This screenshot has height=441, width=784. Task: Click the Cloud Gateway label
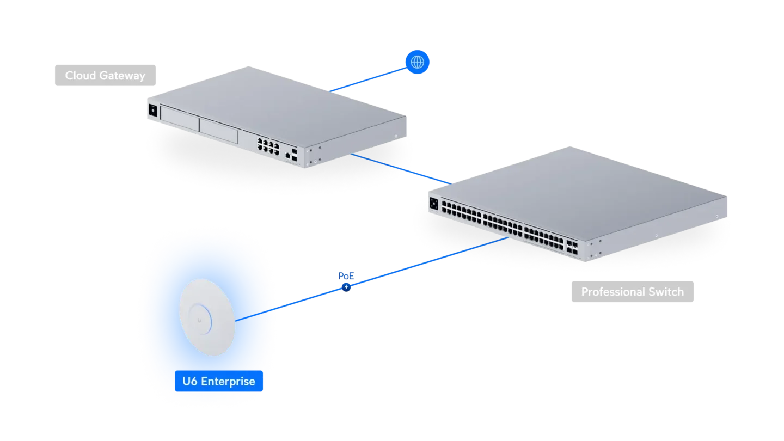point(106,75)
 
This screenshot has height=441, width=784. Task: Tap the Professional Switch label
point(633,292)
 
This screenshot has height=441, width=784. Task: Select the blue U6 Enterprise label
point(219,381)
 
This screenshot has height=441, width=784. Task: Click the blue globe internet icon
point(417,62)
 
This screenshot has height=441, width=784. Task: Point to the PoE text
point(346,276)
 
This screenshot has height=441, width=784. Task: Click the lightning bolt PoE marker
point(346,287)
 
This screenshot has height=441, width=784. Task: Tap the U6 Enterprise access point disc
point(207,317)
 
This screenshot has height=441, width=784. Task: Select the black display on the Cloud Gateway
point(153,110)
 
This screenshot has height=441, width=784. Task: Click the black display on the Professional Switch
point(433,204)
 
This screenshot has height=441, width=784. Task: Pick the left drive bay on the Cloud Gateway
point(180,119)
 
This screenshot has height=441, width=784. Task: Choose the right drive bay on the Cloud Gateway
point(218,131)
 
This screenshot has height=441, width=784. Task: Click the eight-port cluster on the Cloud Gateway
point(268,146)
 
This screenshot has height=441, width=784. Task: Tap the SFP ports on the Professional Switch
point(572,247)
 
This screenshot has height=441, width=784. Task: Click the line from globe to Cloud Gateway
point(368,79)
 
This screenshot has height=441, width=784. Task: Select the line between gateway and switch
point(401,169)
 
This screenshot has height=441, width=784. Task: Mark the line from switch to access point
point(372,279)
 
